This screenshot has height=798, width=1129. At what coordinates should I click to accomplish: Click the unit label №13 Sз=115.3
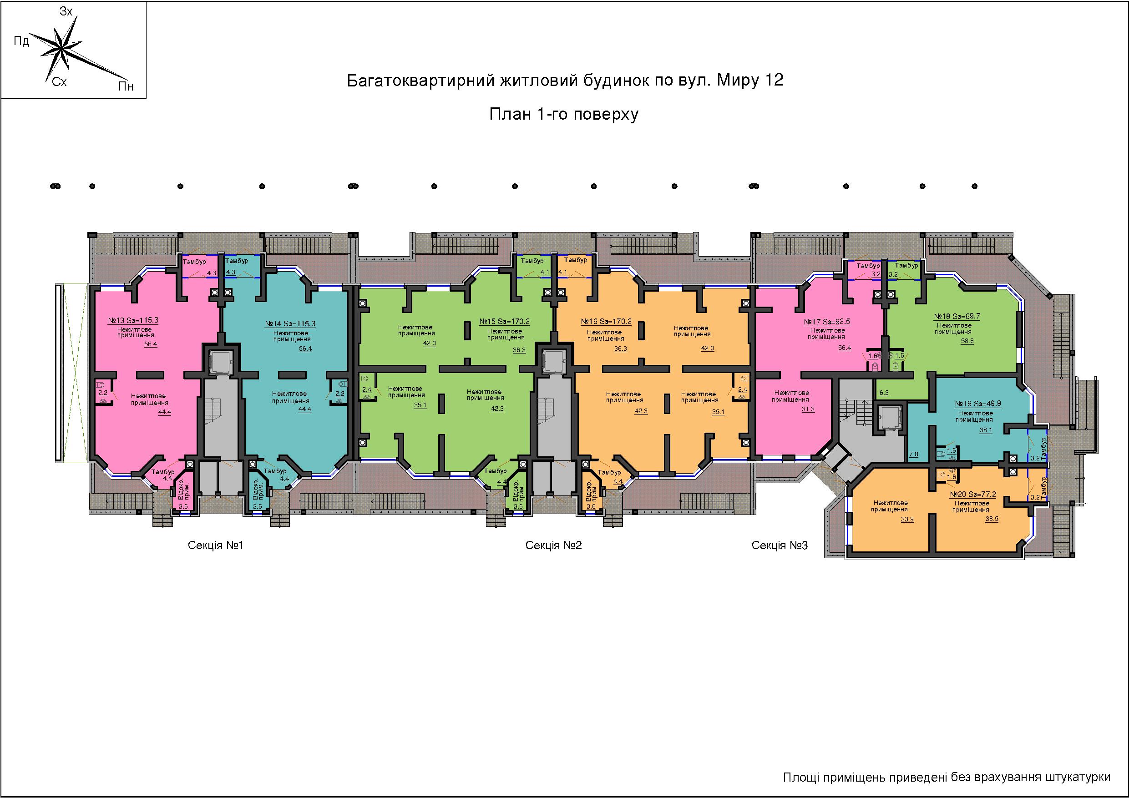point(133,320)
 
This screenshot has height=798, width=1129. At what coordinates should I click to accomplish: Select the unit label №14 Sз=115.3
point(290,324)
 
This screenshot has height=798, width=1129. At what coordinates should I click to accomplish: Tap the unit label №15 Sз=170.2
point(505,322)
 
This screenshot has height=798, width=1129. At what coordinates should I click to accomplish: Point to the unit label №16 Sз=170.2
point(606,322)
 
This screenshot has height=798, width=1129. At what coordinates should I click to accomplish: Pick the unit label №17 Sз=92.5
point(827,322)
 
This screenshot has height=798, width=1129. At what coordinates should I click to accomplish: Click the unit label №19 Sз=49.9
point(974,404)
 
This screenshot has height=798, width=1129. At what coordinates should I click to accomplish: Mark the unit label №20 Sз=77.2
point(972,494)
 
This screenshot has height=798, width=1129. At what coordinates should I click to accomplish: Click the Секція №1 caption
point(215,545)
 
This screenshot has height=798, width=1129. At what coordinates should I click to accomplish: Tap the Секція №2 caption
point(554,545)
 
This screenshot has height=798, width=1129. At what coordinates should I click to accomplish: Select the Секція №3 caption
point(780,545)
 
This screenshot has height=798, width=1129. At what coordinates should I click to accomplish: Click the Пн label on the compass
point(126,86)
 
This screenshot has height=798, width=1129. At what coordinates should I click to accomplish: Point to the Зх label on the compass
point(66,12)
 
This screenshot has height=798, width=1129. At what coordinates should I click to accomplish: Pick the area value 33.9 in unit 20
point(907,519)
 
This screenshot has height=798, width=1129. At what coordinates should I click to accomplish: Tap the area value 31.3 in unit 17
point(808,409)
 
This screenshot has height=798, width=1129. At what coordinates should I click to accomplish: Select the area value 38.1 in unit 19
point(986,430)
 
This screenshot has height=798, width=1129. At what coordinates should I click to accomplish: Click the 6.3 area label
point(884,393)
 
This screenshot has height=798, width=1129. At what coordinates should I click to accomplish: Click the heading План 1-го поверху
point(564,115)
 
